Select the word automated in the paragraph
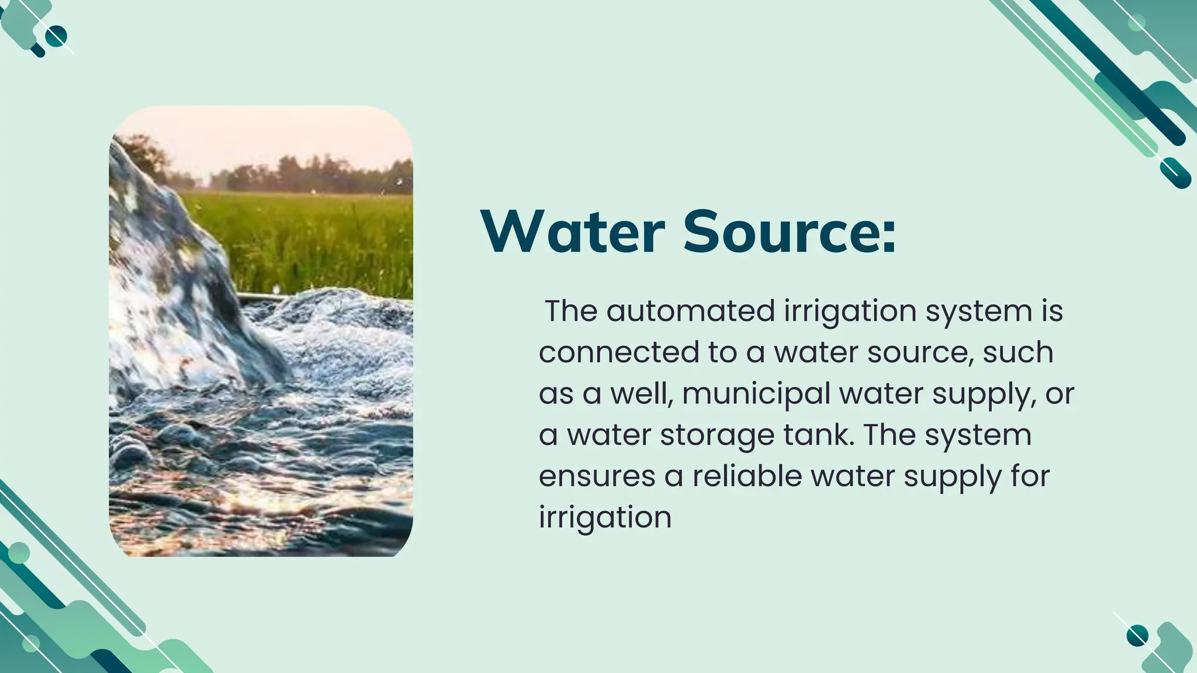click(690, 311)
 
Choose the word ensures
click(597, 477)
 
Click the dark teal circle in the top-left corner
click(56, 37)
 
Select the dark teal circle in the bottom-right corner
click(1137, 636)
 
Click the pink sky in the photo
click(263, 134)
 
